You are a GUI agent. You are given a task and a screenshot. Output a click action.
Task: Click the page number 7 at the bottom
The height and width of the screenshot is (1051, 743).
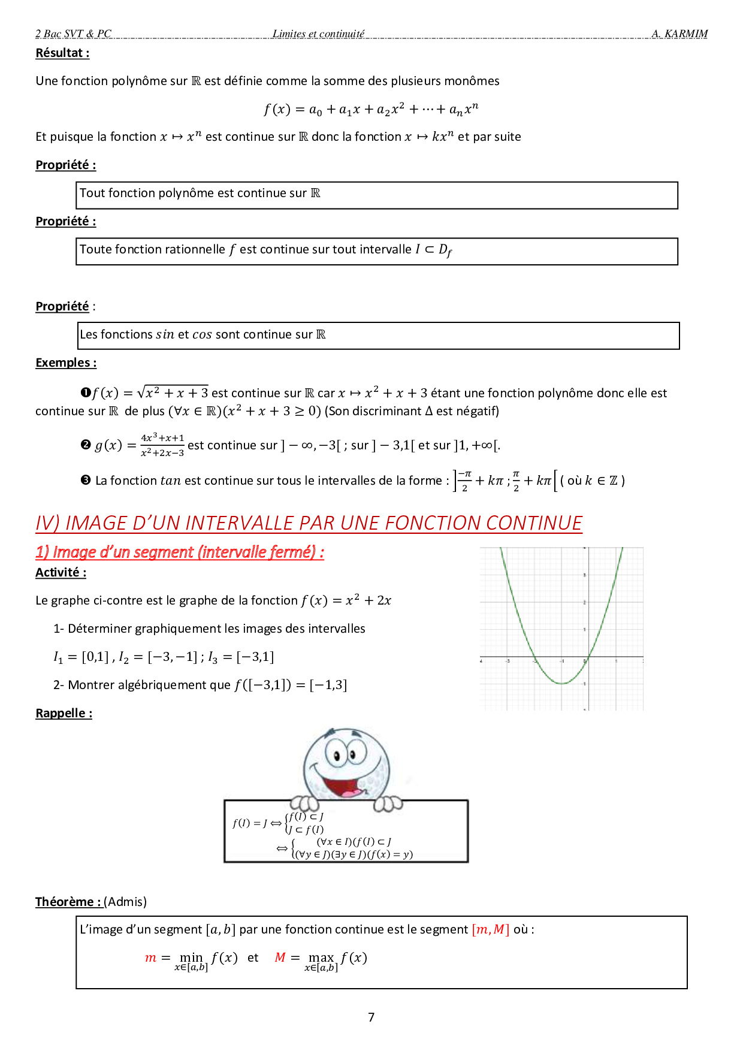click(x=371, y=1017)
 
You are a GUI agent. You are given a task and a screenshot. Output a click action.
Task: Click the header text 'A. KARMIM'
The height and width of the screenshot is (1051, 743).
click(x=679, y=34)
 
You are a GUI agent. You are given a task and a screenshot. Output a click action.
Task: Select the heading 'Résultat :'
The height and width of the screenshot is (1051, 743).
click(x=62, y=53)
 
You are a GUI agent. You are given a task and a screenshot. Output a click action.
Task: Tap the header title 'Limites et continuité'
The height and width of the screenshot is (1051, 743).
click(x=318, y=34)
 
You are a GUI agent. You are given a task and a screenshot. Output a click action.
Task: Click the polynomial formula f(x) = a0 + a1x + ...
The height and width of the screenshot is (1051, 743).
click(x=371, y=109)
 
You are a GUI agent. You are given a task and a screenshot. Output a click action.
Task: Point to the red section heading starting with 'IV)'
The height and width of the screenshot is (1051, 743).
click(x=309, y=523)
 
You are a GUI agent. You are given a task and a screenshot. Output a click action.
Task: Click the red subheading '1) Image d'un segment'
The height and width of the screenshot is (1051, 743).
click(x=180, y=552)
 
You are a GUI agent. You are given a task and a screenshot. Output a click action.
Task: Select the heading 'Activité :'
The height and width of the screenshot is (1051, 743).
click(x=61, y=572)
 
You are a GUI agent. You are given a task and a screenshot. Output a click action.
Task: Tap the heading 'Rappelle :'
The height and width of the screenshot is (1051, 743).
click(x=64, y=713)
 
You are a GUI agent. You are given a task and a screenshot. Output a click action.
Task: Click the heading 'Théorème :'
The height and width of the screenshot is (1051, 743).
click(x=68, y=902)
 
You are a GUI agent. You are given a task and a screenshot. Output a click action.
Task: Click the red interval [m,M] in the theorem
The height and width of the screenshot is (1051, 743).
click(x=490, y=929)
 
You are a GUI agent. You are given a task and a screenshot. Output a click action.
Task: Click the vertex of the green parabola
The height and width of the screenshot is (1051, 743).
click(x=561, y=683)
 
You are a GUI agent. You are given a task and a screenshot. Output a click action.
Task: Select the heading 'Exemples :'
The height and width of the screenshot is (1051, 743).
click(x=66, y=363)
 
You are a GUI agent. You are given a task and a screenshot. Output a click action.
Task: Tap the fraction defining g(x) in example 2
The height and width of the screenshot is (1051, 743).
click(x=162, y=445)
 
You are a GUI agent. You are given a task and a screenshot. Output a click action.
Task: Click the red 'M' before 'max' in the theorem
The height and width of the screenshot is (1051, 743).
click(x=280, y=958)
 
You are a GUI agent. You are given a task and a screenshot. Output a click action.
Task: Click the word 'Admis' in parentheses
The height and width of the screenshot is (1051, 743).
click(x=125, y=902)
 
